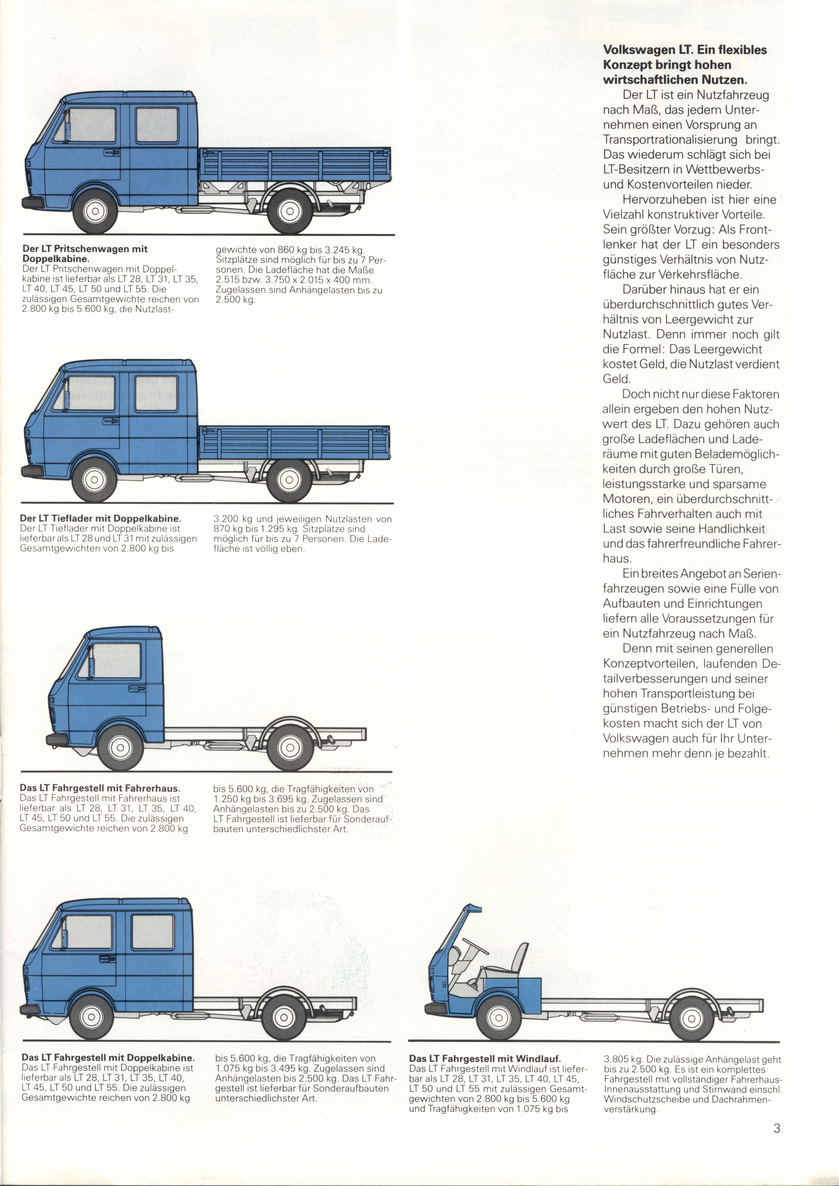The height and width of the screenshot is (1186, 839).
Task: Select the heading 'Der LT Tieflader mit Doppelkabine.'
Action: tap(101, 518)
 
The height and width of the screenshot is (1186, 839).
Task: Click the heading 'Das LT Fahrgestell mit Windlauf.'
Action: tap(485, 1059)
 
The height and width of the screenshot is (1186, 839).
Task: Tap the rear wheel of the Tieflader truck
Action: tap(289, 480)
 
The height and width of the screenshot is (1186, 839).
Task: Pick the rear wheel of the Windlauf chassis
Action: tap(691, 1018)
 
